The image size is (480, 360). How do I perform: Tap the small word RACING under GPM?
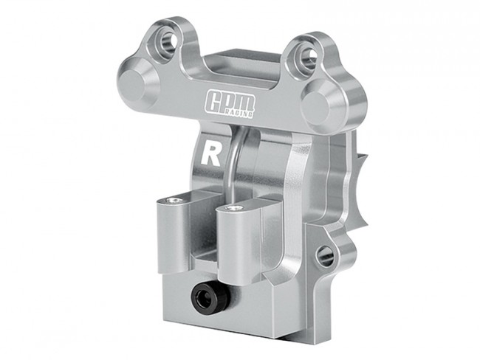point(239,114)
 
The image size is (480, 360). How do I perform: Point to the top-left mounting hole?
point(168,40)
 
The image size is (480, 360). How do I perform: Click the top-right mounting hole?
point(309,55)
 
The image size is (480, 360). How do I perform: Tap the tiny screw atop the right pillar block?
point(234,208)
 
